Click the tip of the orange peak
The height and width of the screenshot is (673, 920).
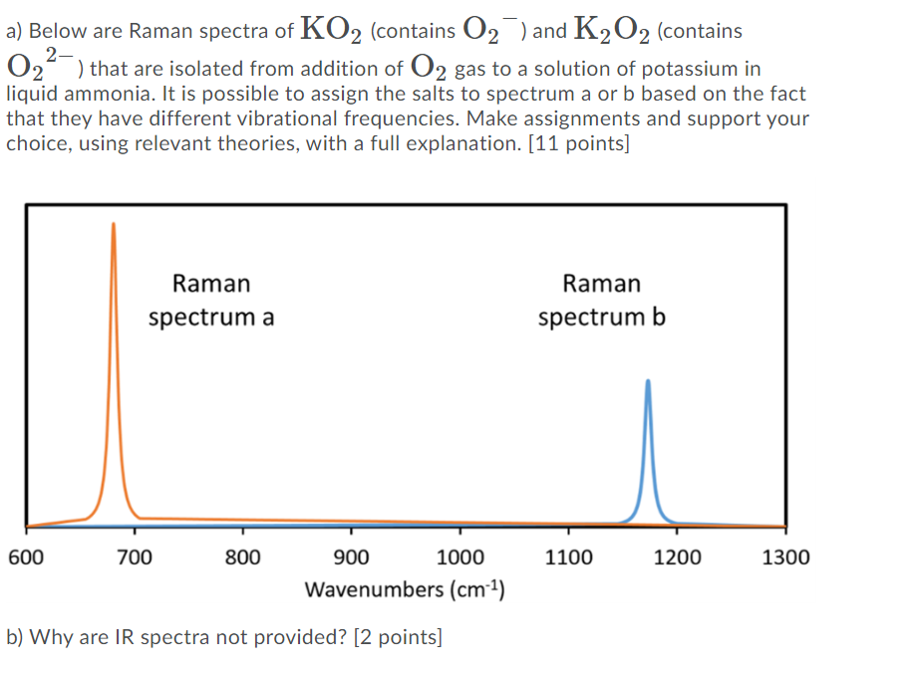(x=113, y=224)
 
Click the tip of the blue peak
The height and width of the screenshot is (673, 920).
(x=648, y=381)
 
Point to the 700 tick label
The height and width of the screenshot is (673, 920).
(x=134, y=558)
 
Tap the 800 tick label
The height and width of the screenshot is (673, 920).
(x=242, y=558)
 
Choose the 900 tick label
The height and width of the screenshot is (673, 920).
(x=351, y=558)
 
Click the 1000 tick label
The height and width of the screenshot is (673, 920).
(x=460, y=558)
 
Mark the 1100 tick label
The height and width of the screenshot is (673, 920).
(x=568, y=558)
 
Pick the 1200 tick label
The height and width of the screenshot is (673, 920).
(x=677, y=558)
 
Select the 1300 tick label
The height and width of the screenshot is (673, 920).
(x=785, y=558)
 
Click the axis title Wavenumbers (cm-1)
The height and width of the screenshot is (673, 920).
(x=405, y=588)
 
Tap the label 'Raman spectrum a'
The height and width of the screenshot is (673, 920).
(x=211, y=301)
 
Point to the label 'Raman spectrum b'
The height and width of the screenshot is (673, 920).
(x=602, y=301)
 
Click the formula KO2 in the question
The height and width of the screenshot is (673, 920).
(x=331, y=30)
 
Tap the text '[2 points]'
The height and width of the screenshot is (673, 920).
(x=397, y=637)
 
